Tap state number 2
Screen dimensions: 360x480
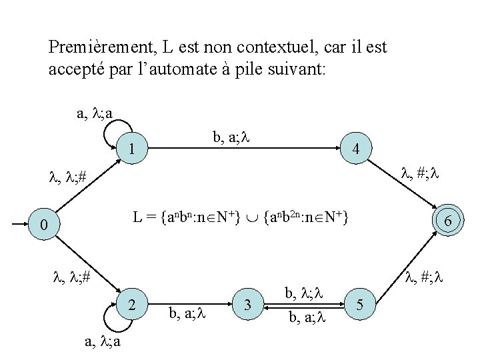tap(133, 306)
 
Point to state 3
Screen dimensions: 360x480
tap(247, 306)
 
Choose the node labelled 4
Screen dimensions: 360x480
tap(357, 149)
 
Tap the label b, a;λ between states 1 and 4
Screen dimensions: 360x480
tap(230, 138)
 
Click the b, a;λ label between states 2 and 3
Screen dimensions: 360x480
tap(190, 311)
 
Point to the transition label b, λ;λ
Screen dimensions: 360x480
tap(303, 293)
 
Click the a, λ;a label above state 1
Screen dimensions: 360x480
tap(94, 113)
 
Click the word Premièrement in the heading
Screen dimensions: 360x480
tap(101, 48)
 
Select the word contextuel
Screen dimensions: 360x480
tap(265, 48)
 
